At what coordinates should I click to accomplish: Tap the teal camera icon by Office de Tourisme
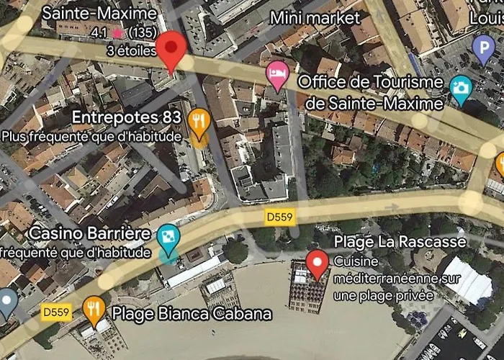tap(460, 87)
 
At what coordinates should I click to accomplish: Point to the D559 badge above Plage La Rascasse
tap(280, 217)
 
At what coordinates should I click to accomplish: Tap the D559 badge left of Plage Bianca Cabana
tap(57, 312)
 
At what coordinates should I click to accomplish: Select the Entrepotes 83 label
tap(125, 117)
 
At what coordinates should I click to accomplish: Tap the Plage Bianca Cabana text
tap(192, 314)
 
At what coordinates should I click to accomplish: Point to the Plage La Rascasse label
tap(400, 242)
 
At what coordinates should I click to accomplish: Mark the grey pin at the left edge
tap(6, 302)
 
